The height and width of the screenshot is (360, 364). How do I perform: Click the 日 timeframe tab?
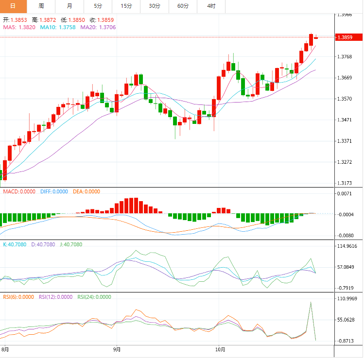coord(13,6)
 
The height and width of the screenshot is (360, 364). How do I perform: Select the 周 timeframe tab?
coord(41,6)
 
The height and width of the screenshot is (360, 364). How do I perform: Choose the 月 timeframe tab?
coord(69,6)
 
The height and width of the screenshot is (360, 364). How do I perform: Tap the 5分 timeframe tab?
coord(98,6)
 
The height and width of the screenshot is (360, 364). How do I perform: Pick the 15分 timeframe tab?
coord(126,6)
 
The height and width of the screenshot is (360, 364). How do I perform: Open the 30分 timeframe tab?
coord(155,6)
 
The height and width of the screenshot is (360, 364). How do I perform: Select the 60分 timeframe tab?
coord(183,6)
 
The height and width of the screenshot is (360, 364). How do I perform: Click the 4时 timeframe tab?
coord(211,6)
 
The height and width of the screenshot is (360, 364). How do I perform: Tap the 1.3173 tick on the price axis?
coord(345,183)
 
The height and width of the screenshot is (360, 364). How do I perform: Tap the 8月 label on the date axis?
coord(5,349)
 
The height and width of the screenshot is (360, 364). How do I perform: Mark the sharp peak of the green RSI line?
coord(310,302)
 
